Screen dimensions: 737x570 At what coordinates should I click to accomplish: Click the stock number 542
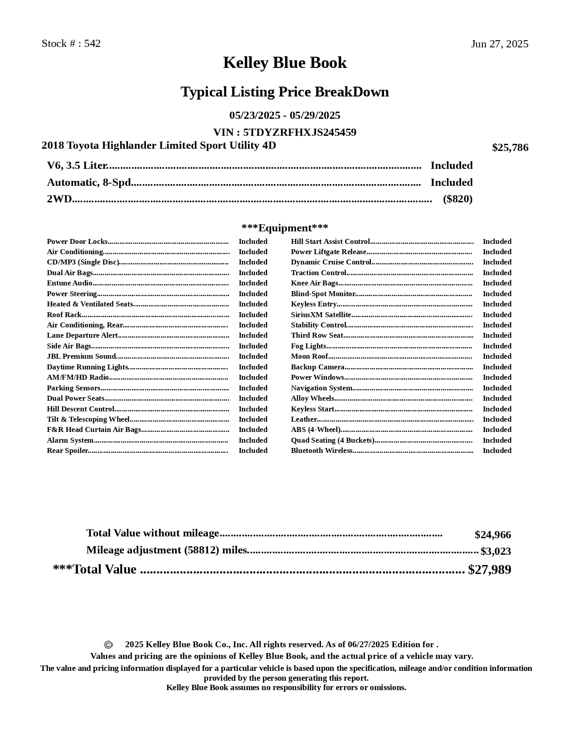pos(92,44)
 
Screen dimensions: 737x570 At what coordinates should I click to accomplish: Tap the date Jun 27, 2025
pos(499,44)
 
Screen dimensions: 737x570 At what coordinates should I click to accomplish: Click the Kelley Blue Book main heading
pos(285,63)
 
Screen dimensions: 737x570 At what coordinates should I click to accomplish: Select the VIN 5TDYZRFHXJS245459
pos(300,132)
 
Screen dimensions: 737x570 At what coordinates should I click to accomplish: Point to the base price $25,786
pos(510,148)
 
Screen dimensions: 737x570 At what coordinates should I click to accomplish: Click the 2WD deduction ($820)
pos(457,199)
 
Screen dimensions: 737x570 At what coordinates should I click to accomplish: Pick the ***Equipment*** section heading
pos(285,228)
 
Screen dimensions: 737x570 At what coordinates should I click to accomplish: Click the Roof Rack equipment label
pos(64,315)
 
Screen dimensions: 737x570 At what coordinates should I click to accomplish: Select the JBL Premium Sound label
pos(81,356)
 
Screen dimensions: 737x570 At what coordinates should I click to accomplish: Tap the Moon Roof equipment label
pos(309,356)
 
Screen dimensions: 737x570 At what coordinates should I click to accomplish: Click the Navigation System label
pos(321,388)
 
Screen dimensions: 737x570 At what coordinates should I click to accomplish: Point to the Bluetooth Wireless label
pos(321,451)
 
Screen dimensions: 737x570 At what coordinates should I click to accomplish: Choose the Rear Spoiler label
pos(67,451)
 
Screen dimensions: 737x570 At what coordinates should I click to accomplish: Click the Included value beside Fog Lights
pos(497,346)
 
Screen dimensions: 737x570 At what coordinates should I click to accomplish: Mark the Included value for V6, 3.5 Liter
pos(451,166)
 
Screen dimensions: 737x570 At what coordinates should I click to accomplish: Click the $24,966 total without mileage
pos(492,535)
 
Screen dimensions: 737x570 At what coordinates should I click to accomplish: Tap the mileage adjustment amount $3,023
pos(495,551)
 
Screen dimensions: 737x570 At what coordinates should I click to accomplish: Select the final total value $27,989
pos(489,570)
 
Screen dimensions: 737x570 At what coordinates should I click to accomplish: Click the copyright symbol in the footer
pos(108,645)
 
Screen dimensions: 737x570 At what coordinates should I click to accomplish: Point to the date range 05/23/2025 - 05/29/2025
pos(285,116)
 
